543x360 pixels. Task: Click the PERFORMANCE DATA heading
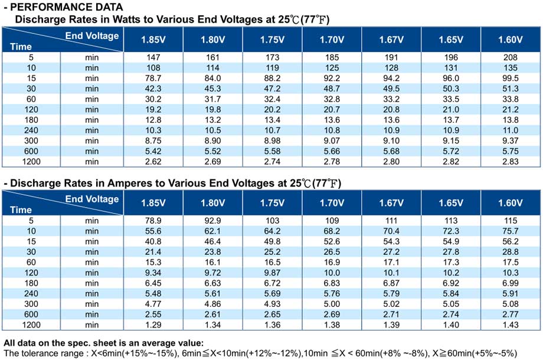66,7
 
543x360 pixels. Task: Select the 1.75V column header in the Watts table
272,40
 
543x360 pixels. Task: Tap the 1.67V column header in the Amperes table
391,203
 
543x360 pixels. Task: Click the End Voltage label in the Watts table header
91,35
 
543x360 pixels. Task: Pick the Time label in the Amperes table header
21,210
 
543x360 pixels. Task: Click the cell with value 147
153,57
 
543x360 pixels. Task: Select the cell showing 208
511,57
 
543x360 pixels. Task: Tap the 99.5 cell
511,78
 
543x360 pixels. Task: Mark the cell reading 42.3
153,89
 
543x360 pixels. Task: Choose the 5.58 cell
272,151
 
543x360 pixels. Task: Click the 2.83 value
511,162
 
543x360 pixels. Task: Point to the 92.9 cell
212,221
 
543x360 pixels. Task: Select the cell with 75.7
511,231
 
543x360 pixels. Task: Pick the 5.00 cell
332,304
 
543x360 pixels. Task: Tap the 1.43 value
511,325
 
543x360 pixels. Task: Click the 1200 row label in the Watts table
31,162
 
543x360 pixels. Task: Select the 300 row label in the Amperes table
31,304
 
